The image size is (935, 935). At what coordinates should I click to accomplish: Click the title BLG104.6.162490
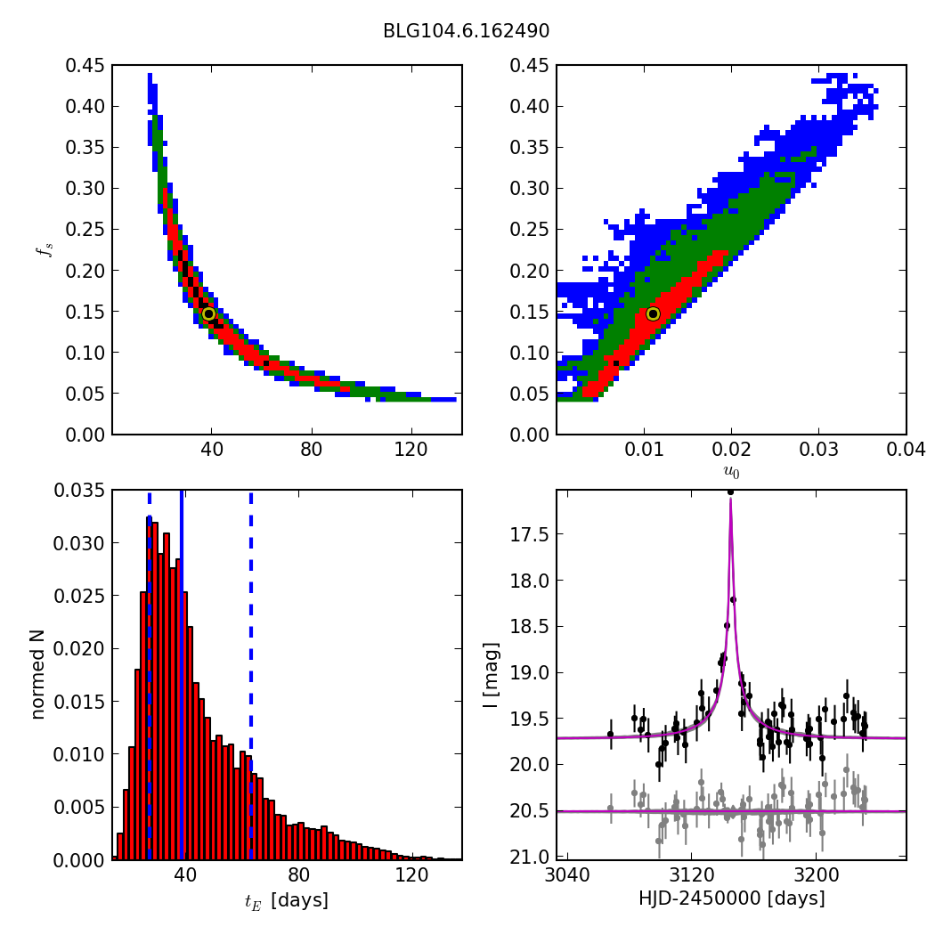(x=466, y=31)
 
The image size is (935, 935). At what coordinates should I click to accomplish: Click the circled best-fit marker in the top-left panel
(x=208, y=313)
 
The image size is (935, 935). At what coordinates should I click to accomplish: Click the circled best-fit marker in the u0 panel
(x=653, y=313)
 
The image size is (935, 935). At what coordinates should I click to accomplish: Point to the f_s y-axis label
(x=44, y=250)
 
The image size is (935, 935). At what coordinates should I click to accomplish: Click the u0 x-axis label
(x=731, y=472)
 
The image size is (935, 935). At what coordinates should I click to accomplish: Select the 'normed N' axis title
(x=38, y=675)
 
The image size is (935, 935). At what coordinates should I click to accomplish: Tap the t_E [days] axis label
(x=286, y=901)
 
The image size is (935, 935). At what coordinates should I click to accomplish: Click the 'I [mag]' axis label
(x=490, y=675)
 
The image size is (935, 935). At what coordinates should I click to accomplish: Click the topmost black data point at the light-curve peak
(x=730, y=492)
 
